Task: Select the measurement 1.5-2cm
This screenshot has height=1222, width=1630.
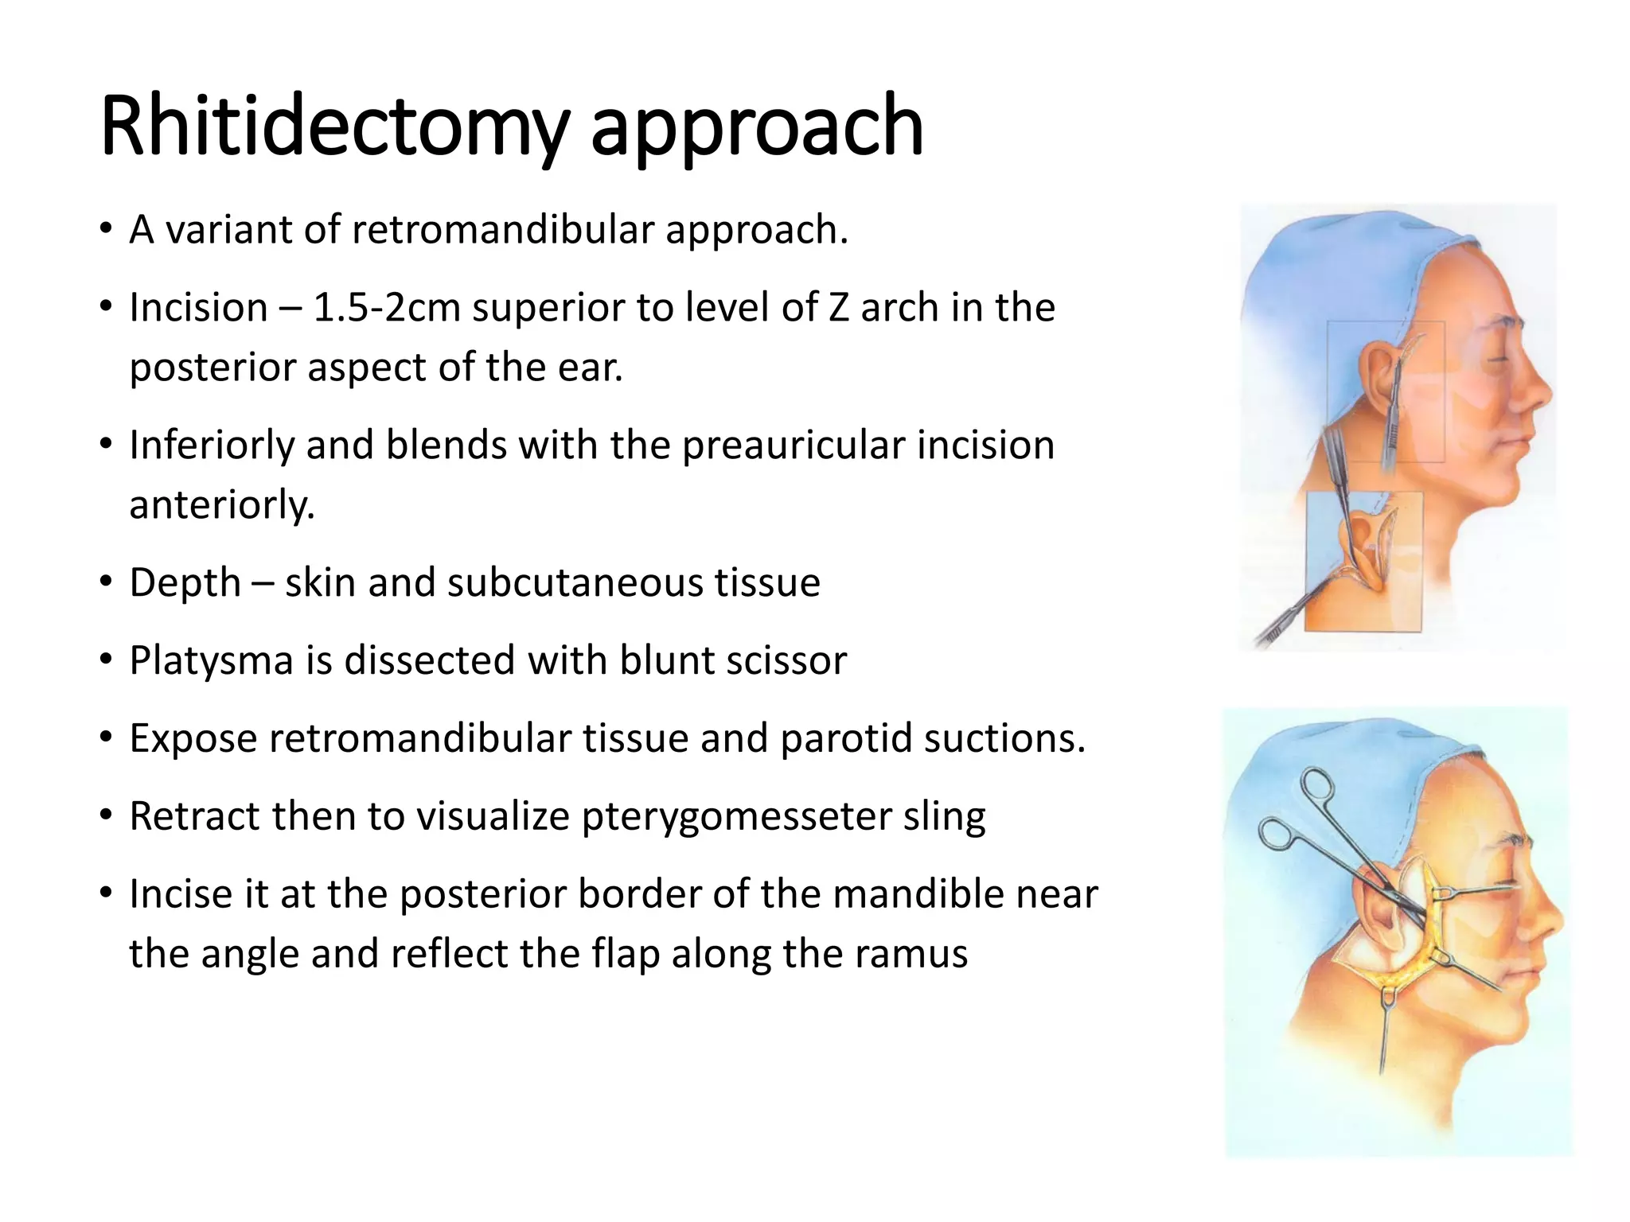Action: tap(386, 308)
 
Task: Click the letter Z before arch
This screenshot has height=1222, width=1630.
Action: tap(838, 308)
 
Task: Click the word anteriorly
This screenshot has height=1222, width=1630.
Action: tap(222, 505)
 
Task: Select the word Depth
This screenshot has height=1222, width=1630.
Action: tap(185, 582)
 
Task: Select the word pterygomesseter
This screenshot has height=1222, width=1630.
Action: tap(736, 816)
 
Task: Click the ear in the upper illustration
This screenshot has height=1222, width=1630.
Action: tap(1378, 374)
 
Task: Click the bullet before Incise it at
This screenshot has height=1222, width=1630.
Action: tap(106, 894)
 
